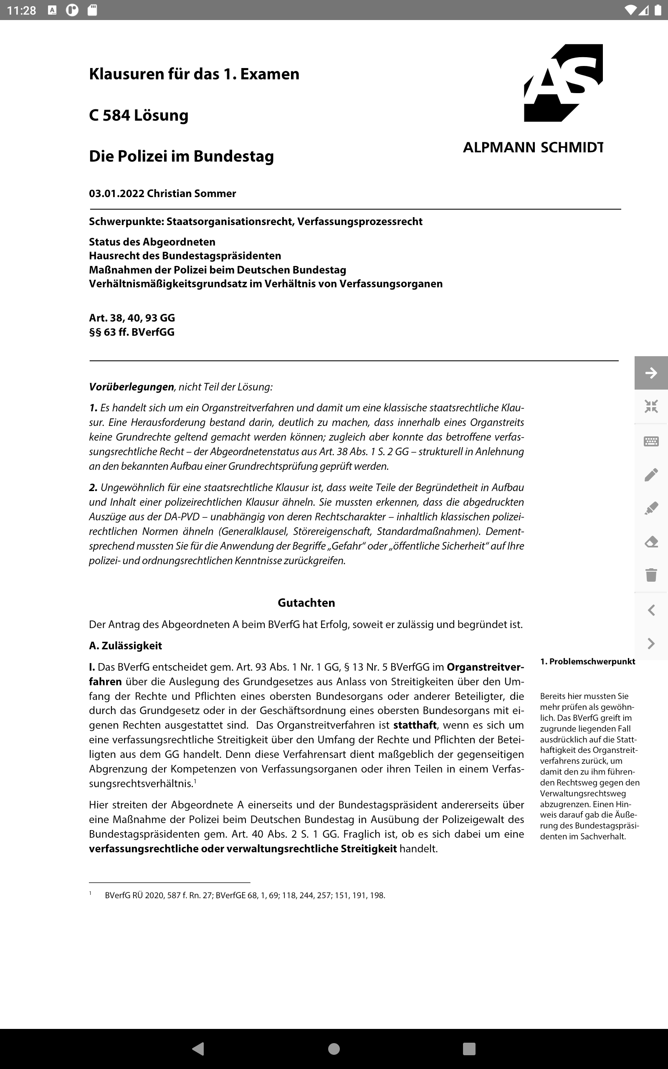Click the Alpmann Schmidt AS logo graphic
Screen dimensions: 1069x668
563,83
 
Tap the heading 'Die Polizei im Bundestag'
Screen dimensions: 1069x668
181,156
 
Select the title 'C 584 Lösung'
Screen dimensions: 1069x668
138,115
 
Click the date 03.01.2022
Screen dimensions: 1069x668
116,193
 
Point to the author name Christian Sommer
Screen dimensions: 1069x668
191,193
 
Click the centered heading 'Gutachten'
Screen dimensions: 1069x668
306,603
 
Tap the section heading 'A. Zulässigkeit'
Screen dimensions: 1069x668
126,646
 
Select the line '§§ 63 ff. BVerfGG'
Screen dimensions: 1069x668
132,332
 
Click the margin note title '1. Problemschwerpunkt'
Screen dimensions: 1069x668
587,661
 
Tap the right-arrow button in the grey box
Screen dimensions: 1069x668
651,373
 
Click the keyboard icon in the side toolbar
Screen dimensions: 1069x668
651,441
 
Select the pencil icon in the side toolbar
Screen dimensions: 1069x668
651,475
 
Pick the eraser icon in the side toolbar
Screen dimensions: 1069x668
651,542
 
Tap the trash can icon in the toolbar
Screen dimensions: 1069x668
651,575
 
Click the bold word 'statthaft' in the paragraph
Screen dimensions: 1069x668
415,725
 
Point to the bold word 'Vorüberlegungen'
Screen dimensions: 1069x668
131,387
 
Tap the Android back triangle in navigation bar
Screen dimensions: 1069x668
199,1048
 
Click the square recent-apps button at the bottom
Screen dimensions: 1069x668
469,1048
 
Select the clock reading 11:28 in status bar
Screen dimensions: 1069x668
21,10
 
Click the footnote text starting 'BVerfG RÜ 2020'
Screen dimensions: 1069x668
245,895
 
